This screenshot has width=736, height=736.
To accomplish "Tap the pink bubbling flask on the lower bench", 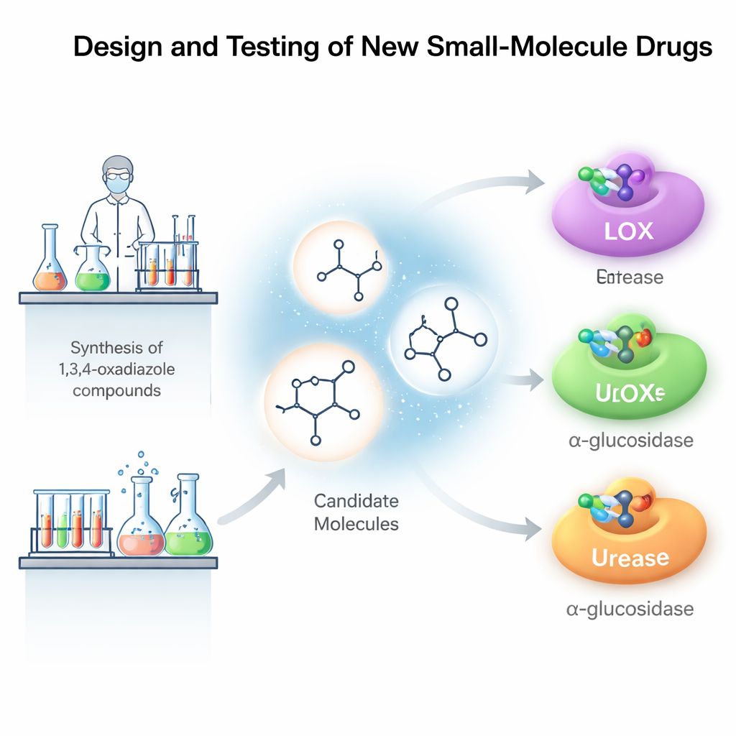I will click(x=142, y=523).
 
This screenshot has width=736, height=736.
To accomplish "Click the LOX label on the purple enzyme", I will click(x=629, y=231).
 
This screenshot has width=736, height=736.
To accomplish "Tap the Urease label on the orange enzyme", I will click(x=630, y=557).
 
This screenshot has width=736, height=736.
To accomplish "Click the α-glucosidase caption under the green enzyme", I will click(x=630, y=441).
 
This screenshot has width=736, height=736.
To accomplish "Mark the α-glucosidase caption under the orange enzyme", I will click(x=630, y=609).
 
